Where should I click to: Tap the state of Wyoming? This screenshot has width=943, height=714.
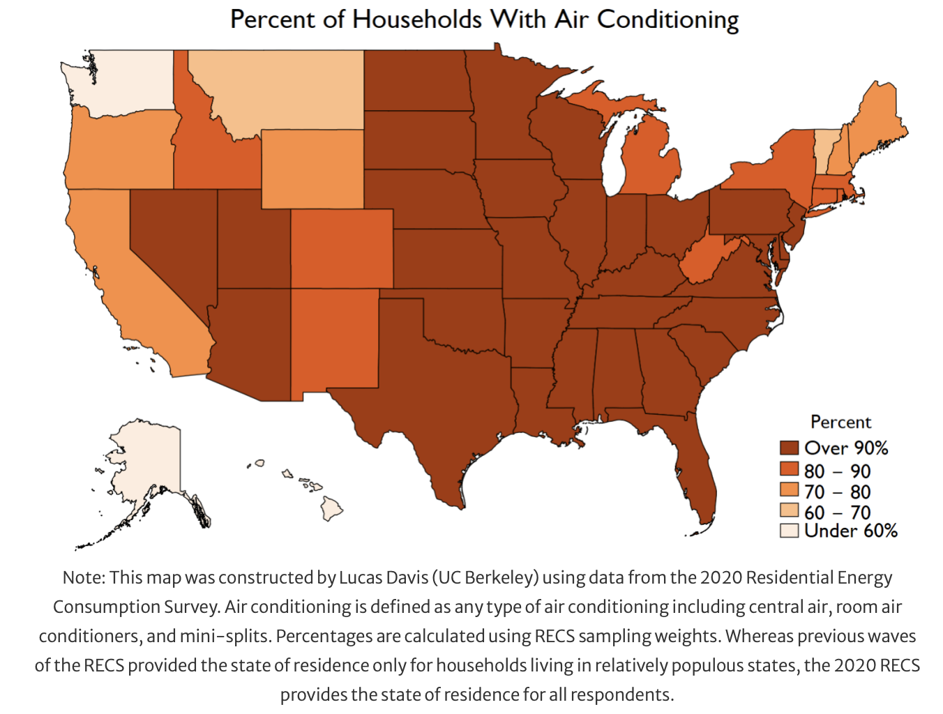pyautogui.click(x=312, y=169)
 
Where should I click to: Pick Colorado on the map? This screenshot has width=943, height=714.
pyautogui.click(x=342, y=249)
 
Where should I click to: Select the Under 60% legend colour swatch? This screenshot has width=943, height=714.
pyautogui.click(x=789, y=531)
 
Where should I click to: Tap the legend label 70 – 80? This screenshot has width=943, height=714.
pyautogui.click(x=837, y=492)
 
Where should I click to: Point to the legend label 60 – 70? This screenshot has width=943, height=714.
pyautogui.click(x=837, y=512)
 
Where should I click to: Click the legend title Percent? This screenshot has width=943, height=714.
pyautogui.click(x=840, y=422)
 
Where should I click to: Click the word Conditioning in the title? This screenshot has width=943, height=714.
pyautogui.click(x=667, y=20)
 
